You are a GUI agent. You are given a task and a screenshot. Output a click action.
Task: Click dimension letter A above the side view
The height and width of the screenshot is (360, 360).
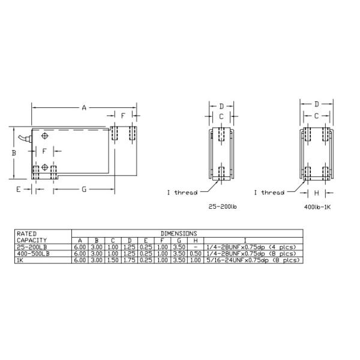(84, 107)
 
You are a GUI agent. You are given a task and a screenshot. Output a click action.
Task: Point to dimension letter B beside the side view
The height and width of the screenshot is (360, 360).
(13, 153)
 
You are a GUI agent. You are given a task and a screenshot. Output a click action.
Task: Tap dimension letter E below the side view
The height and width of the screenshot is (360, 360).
(19, 189)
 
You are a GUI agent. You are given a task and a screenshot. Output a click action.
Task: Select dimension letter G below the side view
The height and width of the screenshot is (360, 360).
(84, 189)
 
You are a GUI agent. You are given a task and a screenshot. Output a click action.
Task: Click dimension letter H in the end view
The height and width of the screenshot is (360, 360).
(316, 193)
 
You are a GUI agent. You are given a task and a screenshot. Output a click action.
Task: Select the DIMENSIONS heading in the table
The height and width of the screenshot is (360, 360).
(178, 233)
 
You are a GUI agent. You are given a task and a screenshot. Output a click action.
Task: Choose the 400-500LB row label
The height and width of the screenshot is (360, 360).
(34, 253)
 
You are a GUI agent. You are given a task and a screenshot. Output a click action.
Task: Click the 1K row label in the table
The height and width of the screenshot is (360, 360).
(21, 260)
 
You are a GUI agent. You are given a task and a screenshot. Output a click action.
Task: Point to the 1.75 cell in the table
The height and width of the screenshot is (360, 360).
(129, 260)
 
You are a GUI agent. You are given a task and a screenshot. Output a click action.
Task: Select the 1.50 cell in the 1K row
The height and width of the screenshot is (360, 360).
(113, 260)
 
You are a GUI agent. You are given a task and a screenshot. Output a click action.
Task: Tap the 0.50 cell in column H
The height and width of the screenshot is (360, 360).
(194, 253)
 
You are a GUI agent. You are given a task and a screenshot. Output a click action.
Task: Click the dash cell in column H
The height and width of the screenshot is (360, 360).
(194, 247)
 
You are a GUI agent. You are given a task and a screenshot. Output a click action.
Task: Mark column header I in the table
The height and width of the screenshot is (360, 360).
(245, 240)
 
